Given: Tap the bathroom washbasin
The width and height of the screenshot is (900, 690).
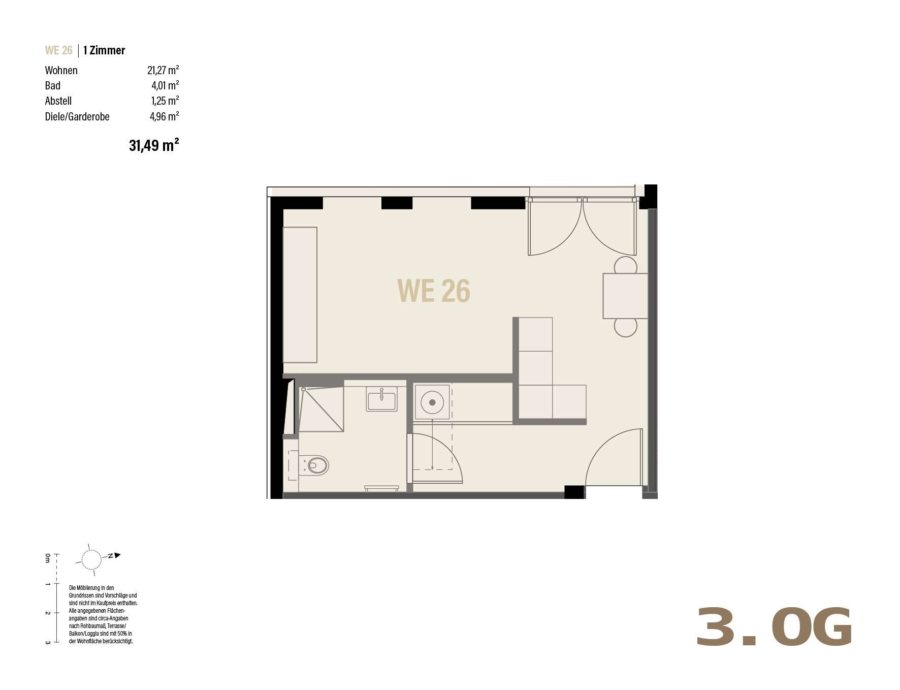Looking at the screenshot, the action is tap(382, 399).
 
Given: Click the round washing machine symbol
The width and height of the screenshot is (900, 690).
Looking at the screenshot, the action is tap(432, 402).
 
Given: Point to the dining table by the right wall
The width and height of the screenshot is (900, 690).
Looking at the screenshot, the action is tap(625, 296).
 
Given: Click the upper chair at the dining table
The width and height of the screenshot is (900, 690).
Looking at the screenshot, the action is tap(625, 265).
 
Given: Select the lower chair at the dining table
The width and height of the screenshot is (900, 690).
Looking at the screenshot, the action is tap(625, 327).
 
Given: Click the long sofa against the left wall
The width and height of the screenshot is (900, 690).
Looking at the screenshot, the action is tap(300, 295).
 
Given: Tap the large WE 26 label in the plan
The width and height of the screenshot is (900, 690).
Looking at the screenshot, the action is tap(433, 291).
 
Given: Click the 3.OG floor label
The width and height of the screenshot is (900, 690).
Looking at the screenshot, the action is tap(774, 627).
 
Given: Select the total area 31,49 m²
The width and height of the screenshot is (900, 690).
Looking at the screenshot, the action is tap(154, 145).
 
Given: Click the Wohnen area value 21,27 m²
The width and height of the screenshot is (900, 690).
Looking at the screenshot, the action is tap(163, 70).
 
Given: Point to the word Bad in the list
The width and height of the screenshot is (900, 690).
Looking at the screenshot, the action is tap(53, 85).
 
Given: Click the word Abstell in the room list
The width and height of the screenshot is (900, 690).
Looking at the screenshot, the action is tap(58, 101).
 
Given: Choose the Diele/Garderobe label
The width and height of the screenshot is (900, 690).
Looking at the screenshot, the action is tap(77, 116).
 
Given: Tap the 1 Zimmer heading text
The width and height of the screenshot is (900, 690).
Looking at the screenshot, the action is tap(104, 50).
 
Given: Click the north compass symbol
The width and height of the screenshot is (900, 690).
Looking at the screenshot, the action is tap(98, 559).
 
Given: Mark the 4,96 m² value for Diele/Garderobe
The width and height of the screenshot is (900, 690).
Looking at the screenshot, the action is tap(164, 116).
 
